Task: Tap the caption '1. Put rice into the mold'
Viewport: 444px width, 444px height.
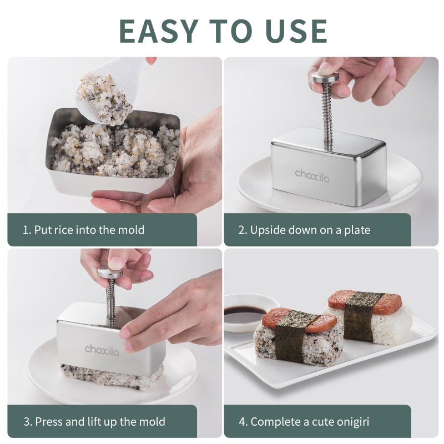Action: click(x=83, y=230)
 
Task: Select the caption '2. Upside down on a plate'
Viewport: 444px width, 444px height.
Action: click(x=304, y=230)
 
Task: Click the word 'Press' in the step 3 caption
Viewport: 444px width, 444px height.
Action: click(x=49, y=421)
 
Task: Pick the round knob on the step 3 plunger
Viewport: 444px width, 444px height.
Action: click(x=110, y=273)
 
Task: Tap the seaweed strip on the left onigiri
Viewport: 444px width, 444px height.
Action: click(x=290, y=336)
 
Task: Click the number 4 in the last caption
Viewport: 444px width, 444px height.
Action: click(x=242, y=421)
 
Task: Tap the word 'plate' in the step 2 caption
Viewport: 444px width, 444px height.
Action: click(x=357, y=230)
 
